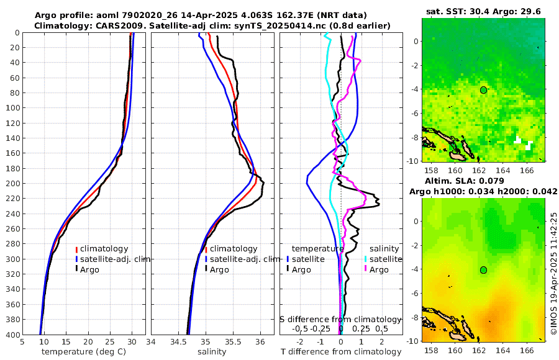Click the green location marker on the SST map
[483, 90]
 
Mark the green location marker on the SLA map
[483, 270]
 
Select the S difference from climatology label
[341, 318]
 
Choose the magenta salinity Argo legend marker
[366, 269]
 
